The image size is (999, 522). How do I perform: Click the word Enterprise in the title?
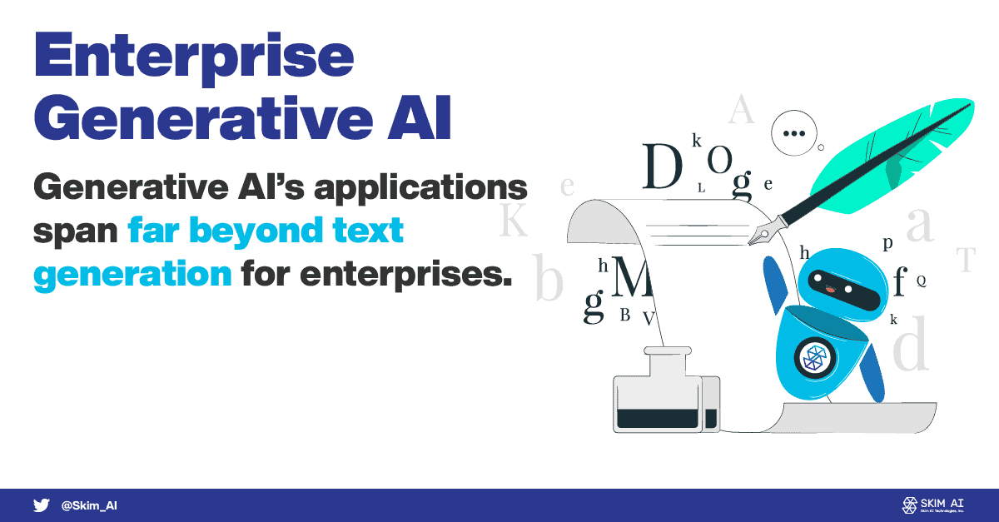click(194, 58)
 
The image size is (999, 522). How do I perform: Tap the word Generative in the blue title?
click(203, 118)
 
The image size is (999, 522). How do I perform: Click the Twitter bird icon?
click(41, 505)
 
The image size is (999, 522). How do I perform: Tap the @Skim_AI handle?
click(89, 505)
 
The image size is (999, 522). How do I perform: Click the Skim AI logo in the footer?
click(932, 505)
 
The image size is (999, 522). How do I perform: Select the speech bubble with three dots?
click(794, 133)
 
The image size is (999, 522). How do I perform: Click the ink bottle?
click(666, 390)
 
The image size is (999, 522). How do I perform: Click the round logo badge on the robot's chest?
click(816, 358)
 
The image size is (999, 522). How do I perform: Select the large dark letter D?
click(663, 166)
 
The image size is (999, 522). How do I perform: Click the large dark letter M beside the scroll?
click(632, 276)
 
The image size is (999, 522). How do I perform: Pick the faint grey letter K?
click(514, 220)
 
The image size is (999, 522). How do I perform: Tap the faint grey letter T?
click(966, 259)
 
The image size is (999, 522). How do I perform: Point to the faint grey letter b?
click(549, 276)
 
